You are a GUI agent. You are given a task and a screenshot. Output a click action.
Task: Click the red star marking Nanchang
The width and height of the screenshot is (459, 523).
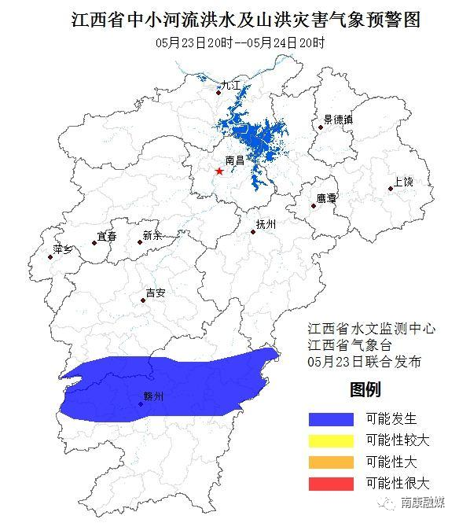(219, 171)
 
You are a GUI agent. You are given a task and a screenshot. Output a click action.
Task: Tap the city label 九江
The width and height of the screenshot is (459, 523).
(231, 85)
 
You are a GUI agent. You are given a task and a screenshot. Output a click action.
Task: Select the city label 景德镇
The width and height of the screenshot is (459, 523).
(338, 120)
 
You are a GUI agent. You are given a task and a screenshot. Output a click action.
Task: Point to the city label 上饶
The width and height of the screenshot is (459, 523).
(402, 182)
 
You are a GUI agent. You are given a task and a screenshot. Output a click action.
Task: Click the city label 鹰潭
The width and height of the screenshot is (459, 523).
(326, 199)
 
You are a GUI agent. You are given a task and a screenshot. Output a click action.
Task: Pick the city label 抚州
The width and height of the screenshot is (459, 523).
(266, 224)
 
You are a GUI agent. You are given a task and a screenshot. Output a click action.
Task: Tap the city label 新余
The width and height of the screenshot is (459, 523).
(152, 235)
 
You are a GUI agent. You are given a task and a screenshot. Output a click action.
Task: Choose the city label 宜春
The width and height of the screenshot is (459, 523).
(106, 236)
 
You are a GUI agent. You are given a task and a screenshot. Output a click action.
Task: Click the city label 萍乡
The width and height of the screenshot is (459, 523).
(62, 249)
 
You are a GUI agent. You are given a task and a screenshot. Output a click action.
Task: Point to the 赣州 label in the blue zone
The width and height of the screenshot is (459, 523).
(153, 398)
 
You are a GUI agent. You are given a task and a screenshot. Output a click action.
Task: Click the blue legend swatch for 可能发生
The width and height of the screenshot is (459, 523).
(331, 419)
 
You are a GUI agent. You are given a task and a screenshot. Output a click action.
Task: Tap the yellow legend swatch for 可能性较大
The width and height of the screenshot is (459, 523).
(331, 440)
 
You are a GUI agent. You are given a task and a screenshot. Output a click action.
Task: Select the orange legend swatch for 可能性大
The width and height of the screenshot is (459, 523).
(331, 462)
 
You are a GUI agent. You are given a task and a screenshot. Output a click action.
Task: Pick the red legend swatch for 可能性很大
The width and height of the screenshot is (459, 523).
(331, 483)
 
